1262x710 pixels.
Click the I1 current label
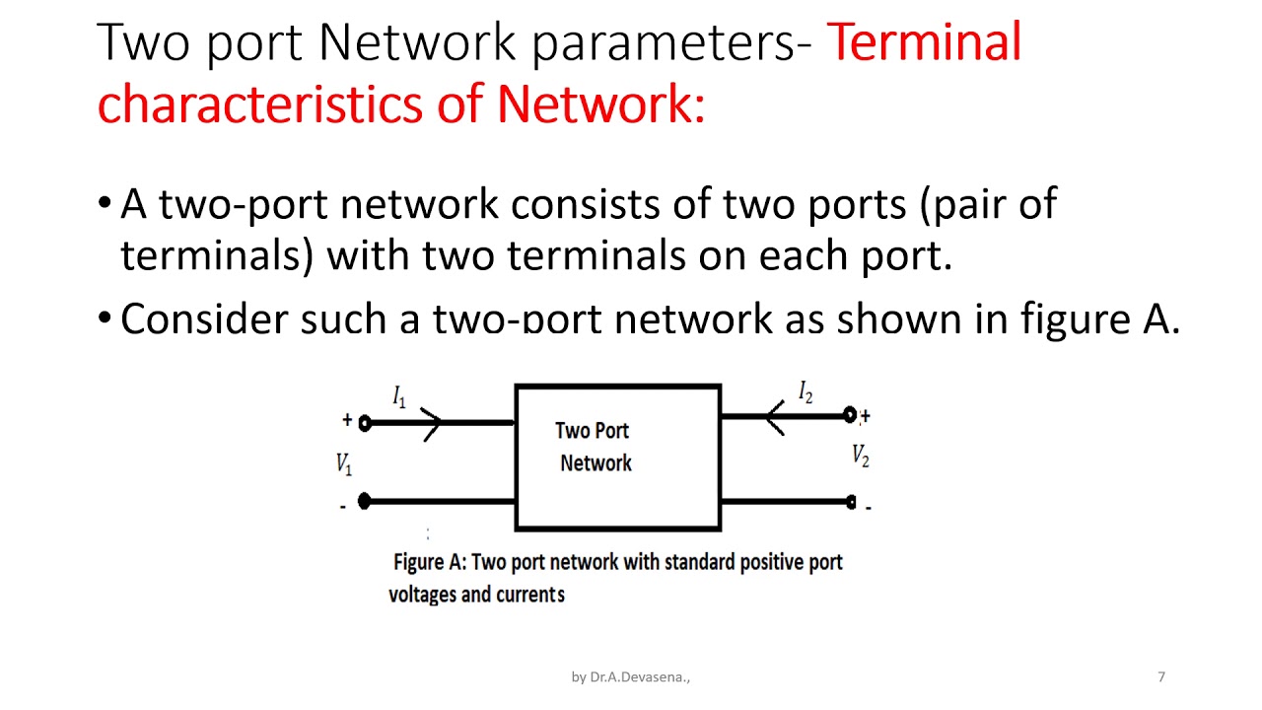[399, 397]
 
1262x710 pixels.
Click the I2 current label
[806, 392]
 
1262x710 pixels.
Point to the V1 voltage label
[344, 463]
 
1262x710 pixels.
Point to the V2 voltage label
[861, 456]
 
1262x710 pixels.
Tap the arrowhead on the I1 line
[433, 423]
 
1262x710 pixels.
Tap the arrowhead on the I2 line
[775, 417]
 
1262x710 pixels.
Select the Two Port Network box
[618, 458]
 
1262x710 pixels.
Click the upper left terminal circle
[365, 423]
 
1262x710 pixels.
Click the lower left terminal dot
[364, 501]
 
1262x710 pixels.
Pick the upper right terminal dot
[850, 416]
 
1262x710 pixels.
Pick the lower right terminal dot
[851, 502]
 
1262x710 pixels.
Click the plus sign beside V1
[347, 420]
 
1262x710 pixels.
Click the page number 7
[1161, 676]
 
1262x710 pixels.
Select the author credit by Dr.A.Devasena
[631, 677]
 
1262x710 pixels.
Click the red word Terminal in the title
[924, 42]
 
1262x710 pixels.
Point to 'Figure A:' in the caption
[429, 562]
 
